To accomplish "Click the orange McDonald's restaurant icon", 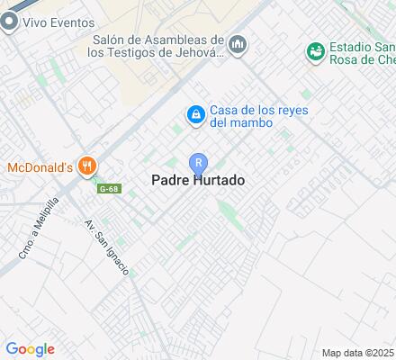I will [87, 166].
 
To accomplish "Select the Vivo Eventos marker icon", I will [10, 24].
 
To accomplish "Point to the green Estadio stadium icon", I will [315, 49].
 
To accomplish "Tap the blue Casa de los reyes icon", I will [194, 114].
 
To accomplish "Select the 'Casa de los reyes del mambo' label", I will [258, 116].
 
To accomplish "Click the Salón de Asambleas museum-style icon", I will [238, 44].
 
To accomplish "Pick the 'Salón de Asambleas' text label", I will [158, 46].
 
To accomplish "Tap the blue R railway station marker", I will [198, 163].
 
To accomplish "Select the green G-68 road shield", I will [109, 188].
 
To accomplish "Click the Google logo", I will [30, 348].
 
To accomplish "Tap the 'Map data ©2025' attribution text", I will [358, 352].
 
